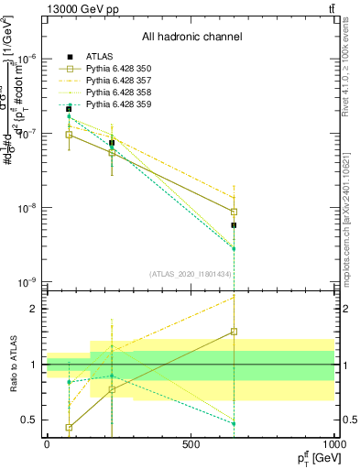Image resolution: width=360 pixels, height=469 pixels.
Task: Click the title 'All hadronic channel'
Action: tap(191, 37)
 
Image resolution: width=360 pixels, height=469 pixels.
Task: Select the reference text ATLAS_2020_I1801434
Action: tap(192, 274)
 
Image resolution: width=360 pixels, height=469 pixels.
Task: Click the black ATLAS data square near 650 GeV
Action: tap(235, 225)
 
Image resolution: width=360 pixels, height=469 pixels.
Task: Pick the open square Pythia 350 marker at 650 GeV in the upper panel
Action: tap(235, 212)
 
